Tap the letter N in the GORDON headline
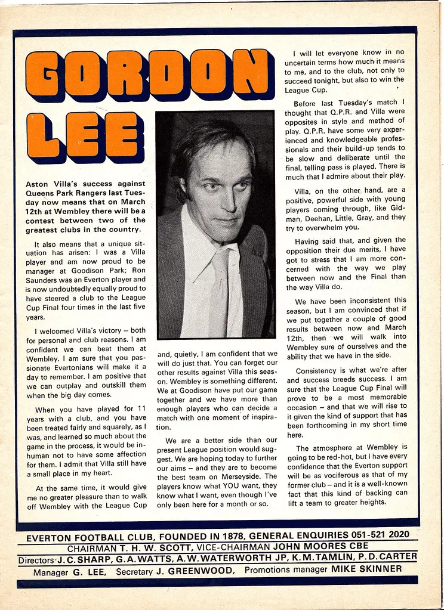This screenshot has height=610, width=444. point(249,72)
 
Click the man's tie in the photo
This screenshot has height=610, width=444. point(219,292)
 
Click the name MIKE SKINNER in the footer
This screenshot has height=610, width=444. point(366,569)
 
